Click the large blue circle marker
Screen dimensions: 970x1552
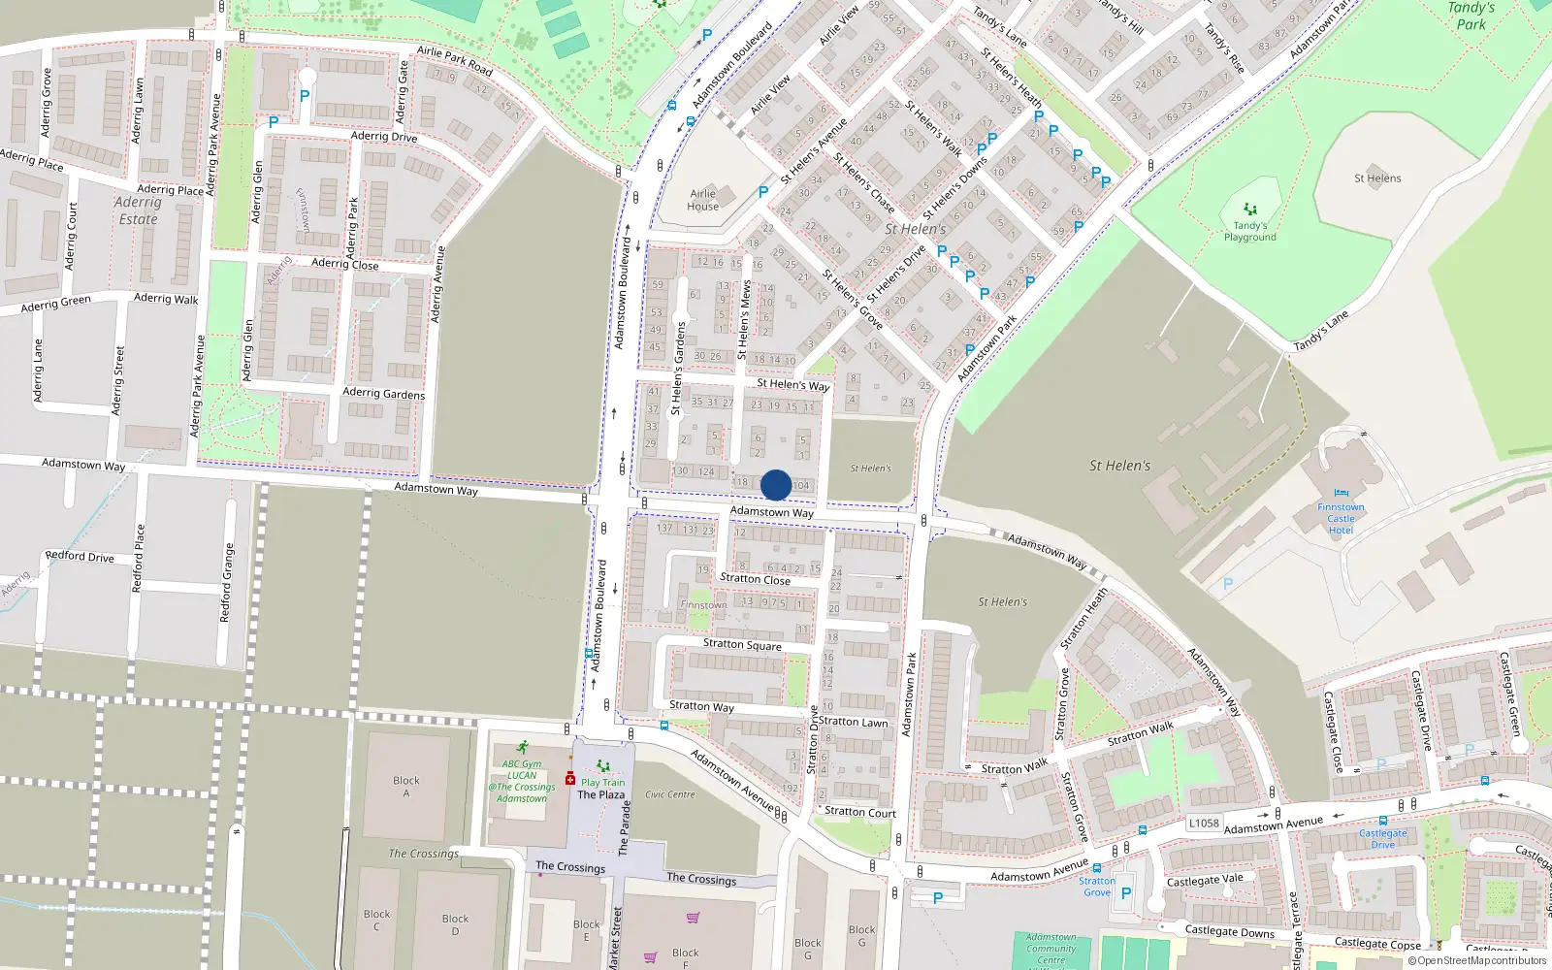pos(776,485)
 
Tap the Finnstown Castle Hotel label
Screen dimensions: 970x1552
pos(1341,519)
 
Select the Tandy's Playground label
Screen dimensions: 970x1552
pos(1249,231)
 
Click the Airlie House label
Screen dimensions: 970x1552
pos(703,200)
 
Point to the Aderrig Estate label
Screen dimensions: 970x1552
pos(138,210)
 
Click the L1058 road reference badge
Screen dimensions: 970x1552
pos(1204,823)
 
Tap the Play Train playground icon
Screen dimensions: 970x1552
pos(603,766)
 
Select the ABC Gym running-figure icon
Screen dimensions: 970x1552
pos(523,748)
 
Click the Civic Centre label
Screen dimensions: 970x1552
pos(670,794)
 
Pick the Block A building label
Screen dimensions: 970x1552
pos(406,787)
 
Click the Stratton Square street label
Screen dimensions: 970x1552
pos(742,644)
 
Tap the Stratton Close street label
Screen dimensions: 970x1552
pos(755,579)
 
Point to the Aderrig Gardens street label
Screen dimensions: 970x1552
pos(383,393)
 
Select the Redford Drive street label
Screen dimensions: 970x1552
pos(80,556)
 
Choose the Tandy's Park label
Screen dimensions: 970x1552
pos(1471,16)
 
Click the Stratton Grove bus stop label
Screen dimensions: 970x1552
pos(1097,887)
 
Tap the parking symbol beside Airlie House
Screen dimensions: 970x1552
pos(763,192)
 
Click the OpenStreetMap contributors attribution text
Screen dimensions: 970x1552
pos(1481,961)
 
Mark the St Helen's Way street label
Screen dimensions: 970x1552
pos(792,384)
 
